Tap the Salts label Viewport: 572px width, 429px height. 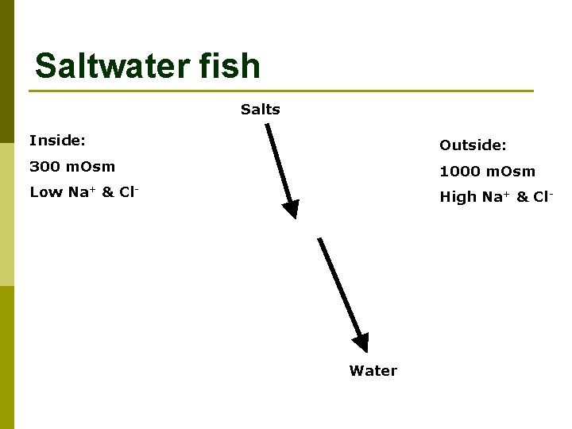pyautogui.click(x=261, y=110)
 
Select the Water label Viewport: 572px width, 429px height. pyautogui.click(x=373, y=371)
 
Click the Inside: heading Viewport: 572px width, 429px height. pyautogui.click(x=57, y=141)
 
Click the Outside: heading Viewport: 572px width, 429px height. pyautogui.click(x=473, y=145)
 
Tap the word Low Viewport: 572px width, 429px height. pyautogui.click(x=44, y=192)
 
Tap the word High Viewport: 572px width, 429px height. pyautogui.click(x=458, y=197)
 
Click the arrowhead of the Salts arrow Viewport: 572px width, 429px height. pyautogui.click(x=292, y=208)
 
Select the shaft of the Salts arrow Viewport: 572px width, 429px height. pyautogui.click(x=279, y=163)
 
